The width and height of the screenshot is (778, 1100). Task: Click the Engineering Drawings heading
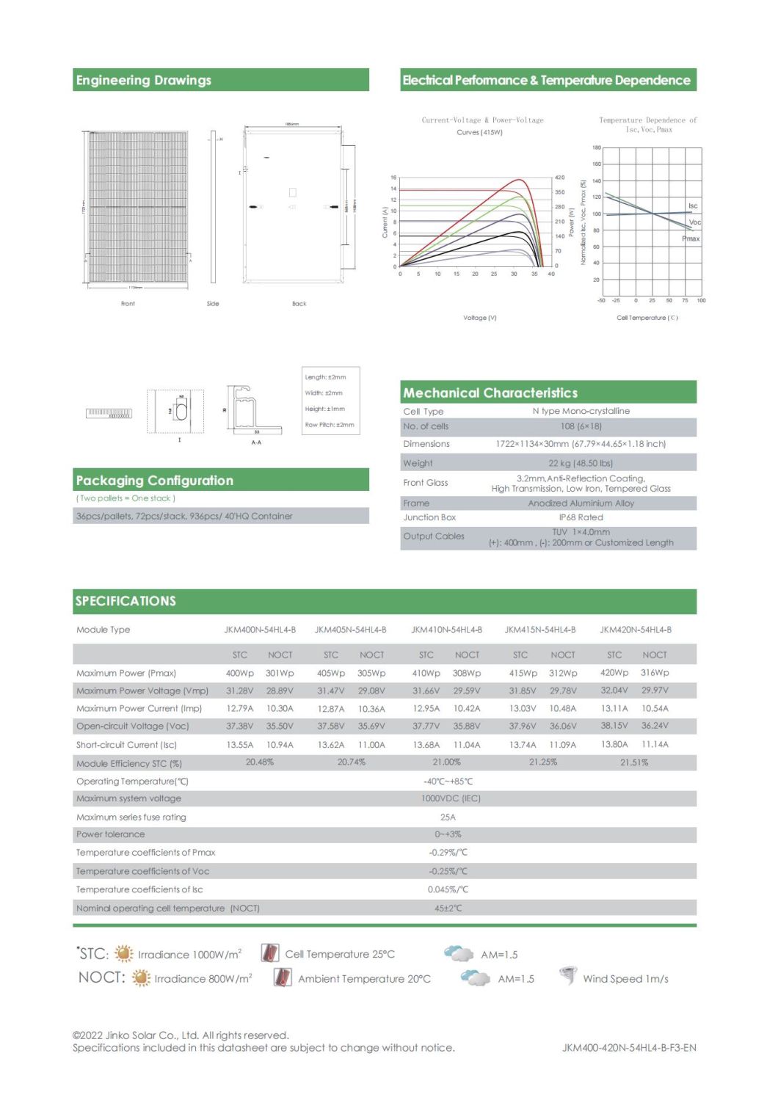pyautogui.click(x=144, y=80)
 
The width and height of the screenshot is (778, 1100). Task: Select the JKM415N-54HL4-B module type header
pyautogui.click(x=539, y=630)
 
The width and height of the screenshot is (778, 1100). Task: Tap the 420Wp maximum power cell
pyautogui.click(x=614, y=672)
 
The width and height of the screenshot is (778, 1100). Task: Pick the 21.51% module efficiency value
pyautogui.click(x=634, y=762)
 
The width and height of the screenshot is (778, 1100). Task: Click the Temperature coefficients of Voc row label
pyautogui.click(x=142, y=871)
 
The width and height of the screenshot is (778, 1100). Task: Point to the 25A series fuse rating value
pyautogui.click(x=448, y=817)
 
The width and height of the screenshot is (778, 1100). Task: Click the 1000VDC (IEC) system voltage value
pyautogui.click(x=451, y=798)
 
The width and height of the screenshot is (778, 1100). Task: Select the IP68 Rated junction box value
pyautogui.click(x=581, y=517)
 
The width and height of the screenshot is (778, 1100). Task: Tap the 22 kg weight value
pyautogui.click(x=580, y=463)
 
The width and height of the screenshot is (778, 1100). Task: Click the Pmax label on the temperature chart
pyautogui.click(x=691, y=238)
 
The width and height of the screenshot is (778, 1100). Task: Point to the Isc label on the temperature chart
pyautogui.click(x=693, y=205)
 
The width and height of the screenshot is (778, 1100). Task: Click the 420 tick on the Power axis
pyautogui.click(x=559, y=178)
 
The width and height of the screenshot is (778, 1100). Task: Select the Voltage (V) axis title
pyautogui.click(x=479, y=318)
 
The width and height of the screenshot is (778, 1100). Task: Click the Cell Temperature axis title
pyautogui.click(x=647, y=318)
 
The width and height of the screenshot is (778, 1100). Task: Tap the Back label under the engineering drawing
pyautogui.click(x=299, y=303)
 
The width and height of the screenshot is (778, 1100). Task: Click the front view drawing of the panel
pyautogui.click(x=137, y=207)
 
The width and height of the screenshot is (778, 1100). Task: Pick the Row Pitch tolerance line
pyautogui.click(x=330, y=425)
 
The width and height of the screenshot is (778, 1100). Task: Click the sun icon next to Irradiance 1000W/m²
pyautogui.click(x=124, y=953)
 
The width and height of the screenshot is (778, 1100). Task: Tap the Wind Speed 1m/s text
pyautogui.click(x=625, y=979)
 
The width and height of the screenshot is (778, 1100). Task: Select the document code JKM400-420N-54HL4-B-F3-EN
pyautogui.click(x=629, y=1048)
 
